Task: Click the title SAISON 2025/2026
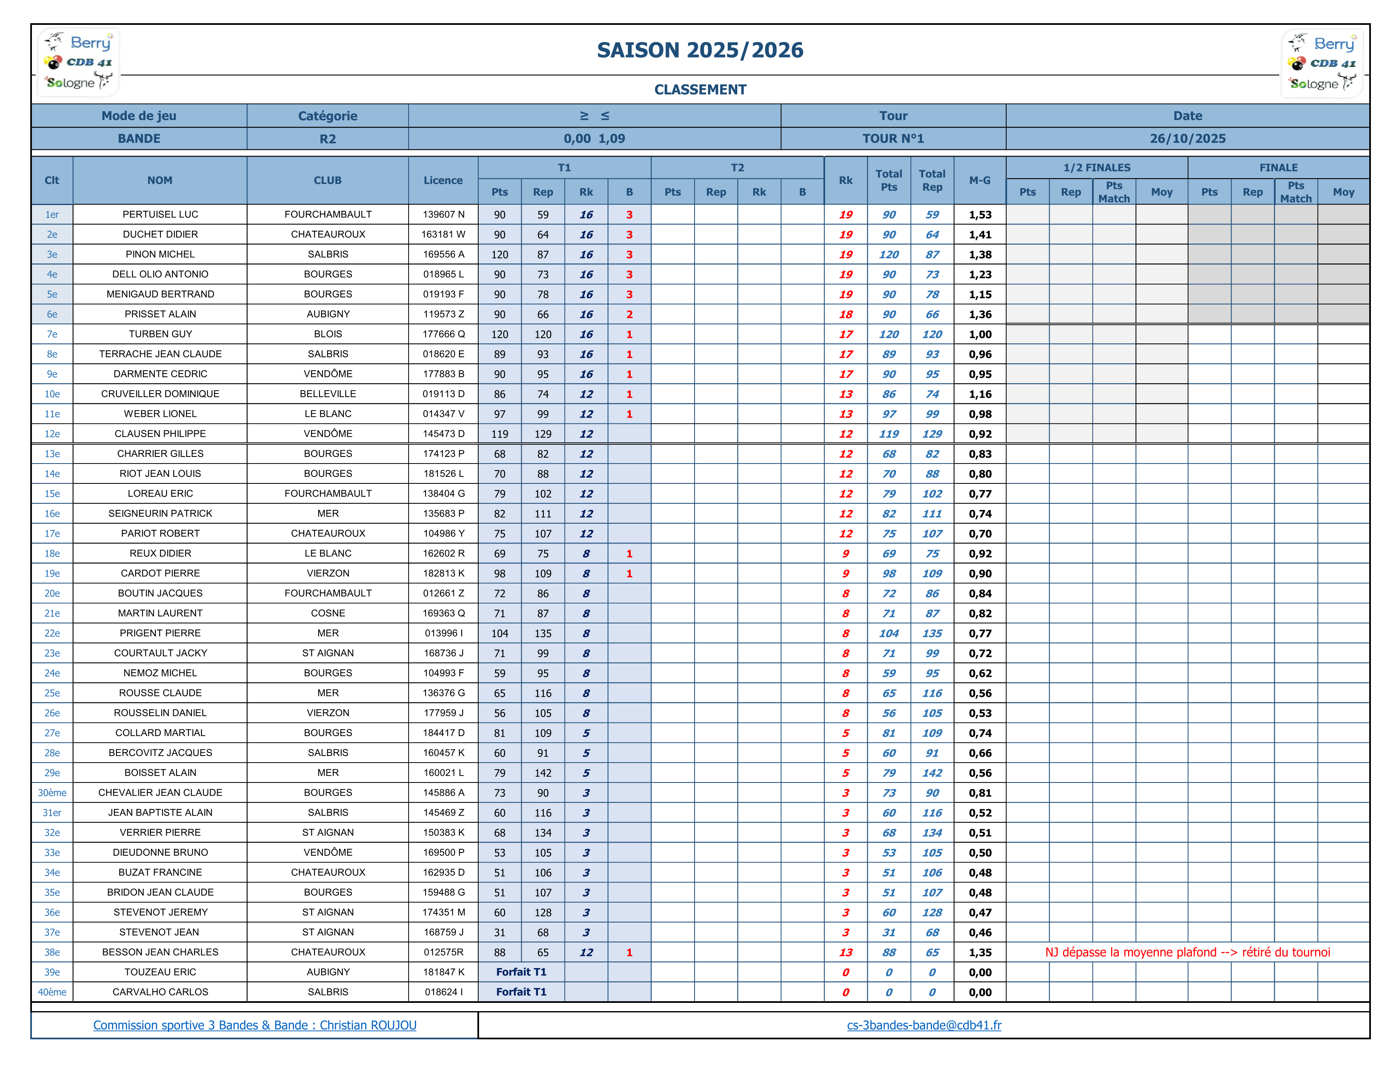[700, 50]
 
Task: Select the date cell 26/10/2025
[1187, 138]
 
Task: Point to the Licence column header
[443, 181]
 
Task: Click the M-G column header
[979, 181]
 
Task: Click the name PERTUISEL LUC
[160, 214]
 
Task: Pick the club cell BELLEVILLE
[328, 394]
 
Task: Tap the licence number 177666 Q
[443, 334]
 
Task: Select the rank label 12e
[52, 434]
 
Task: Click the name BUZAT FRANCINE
[160, 872]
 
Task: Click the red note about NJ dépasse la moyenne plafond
[1187, 952]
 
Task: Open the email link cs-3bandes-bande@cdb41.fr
[923, 1025]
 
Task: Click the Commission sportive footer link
[254, 1025]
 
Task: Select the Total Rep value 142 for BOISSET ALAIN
[932, 773]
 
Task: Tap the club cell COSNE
[328, 613]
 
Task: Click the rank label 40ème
[52, 992]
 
